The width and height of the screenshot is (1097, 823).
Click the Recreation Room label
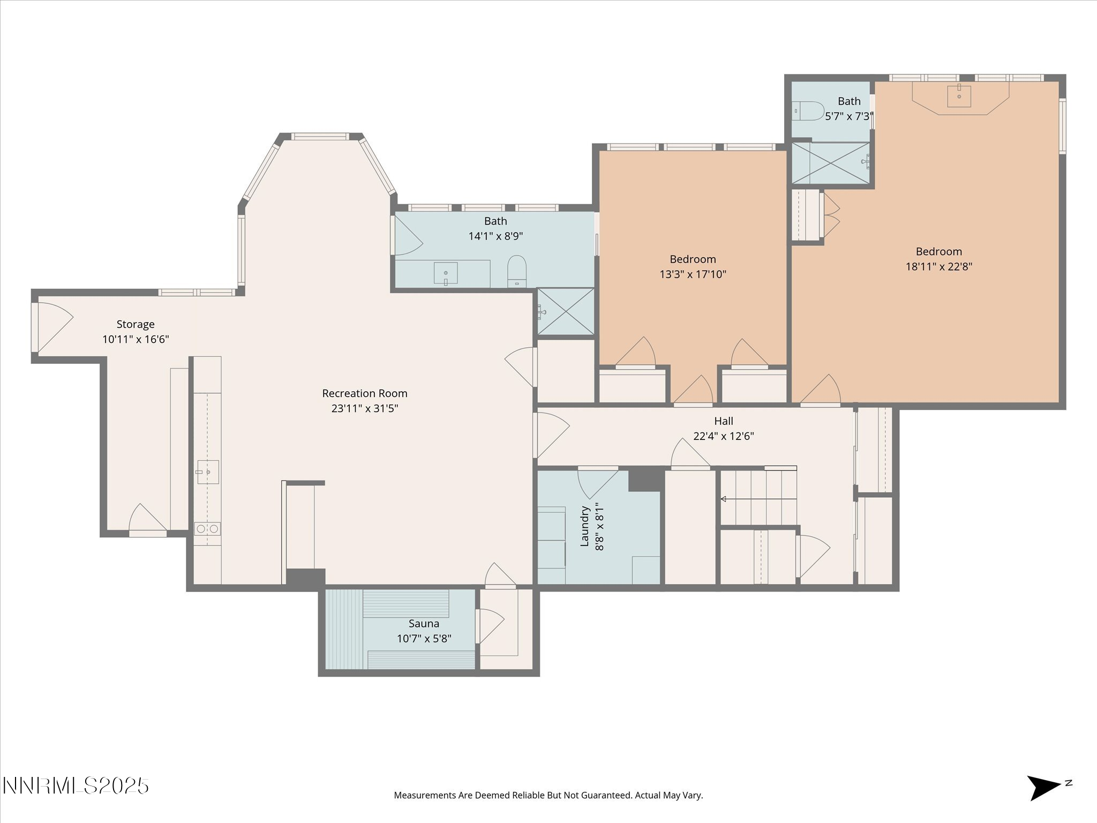[365, 393]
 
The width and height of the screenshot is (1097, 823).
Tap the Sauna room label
[424, 624]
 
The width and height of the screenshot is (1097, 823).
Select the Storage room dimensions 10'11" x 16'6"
[136, 339]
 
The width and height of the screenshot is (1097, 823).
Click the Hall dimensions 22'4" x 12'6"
[724, 436]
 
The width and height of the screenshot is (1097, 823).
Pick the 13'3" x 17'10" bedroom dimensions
[693, 274]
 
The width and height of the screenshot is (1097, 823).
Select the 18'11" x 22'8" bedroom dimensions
[938, 266]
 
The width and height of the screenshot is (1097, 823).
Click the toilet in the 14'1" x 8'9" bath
[517, 271]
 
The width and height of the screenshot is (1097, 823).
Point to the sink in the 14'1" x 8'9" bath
[446, 273]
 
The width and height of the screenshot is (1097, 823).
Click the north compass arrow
[1043, 788]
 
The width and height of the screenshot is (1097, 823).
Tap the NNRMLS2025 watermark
[76, 786]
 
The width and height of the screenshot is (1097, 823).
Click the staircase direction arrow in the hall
[758, 499]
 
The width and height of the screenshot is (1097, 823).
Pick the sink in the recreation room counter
[208, 472]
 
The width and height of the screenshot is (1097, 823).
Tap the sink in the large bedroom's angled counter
[959, 96]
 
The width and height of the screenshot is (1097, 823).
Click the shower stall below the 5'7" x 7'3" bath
[831, 163]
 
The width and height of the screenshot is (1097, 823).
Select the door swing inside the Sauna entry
[490, 626]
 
